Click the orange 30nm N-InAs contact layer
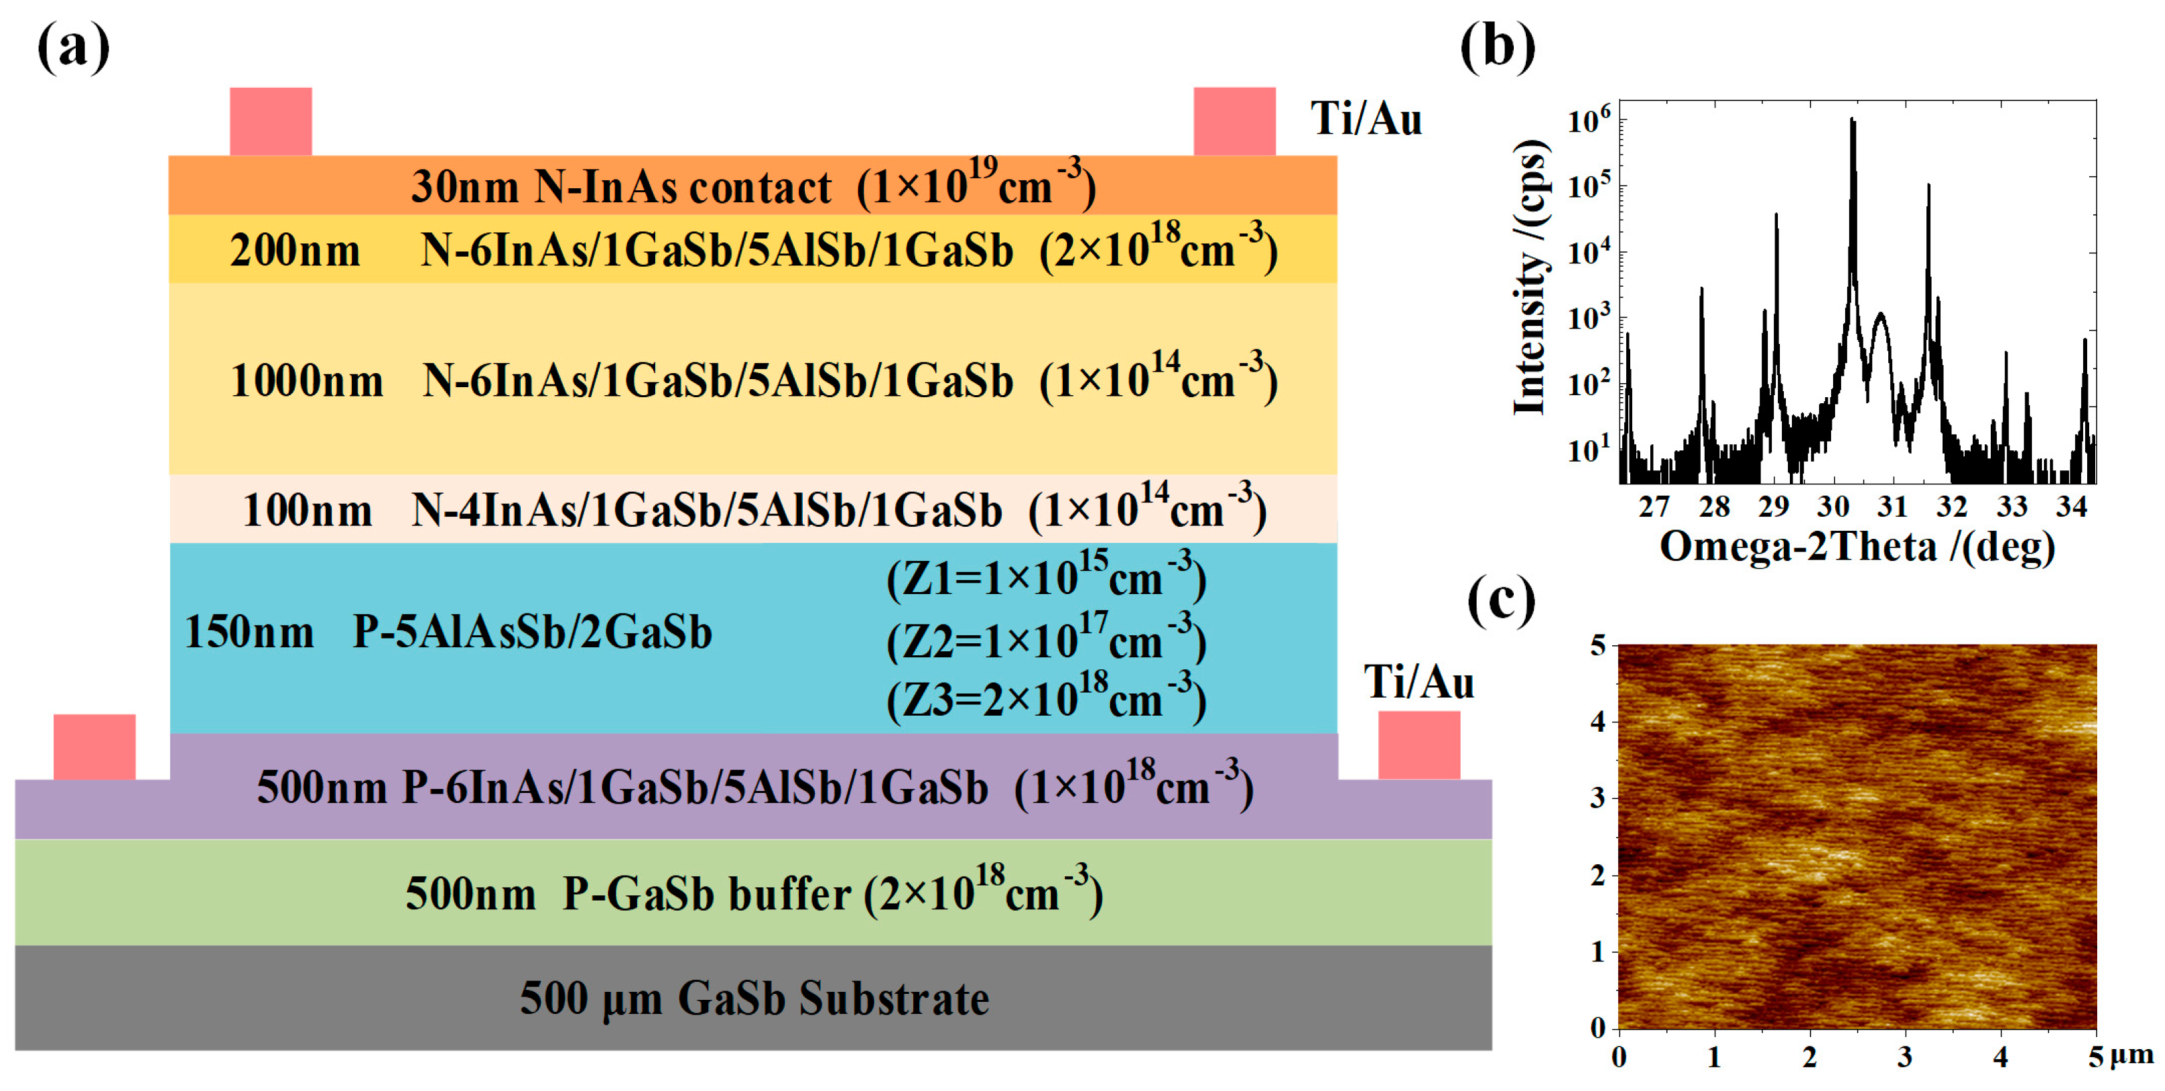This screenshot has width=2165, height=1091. click(x=752, y=186)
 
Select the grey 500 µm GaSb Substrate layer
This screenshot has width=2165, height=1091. click(x=753, y=999)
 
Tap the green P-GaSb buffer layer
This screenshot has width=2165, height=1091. click(x=753, y=893)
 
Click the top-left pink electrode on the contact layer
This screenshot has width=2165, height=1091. click(x=271, y=121)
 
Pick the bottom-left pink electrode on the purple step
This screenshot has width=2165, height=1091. click(x=94, y=746)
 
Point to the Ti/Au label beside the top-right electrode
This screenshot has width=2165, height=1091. click(x=1366, y=118)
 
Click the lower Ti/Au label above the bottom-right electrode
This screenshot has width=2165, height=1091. click(x=1418, y=682)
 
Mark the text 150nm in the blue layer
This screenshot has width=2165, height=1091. click(x=249, y=632)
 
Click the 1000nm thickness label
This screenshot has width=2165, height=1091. click(x=306, y=381)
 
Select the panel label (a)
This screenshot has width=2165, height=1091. click(x=73, y=47)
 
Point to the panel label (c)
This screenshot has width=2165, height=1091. click(x=1501, y=601)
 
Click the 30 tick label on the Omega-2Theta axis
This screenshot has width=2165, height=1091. click(x=1833, y=507)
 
